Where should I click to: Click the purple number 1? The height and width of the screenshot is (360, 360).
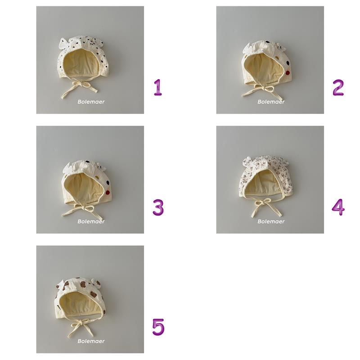tap(158, 87)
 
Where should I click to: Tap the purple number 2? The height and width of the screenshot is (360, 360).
tap(338, 87)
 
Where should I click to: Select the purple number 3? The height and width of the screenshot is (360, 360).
tap(158, 207)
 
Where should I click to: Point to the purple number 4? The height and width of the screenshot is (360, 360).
tap(338, 207)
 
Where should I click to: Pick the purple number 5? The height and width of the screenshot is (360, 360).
tap(158, 327)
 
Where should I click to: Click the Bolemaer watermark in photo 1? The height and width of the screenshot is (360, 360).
tap(91, 102)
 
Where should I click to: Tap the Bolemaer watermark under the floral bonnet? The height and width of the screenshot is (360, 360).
tap(271, 221)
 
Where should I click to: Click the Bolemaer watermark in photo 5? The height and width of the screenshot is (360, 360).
tap(91, 341)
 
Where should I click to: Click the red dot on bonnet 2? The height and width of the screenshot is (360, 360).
tap(288, 73)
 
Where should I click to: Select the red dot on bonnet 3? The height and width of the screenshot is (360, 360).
tap(108, 193)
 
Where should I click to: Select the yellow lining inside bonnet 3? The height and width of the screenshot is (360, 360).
tap(83, 187)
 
